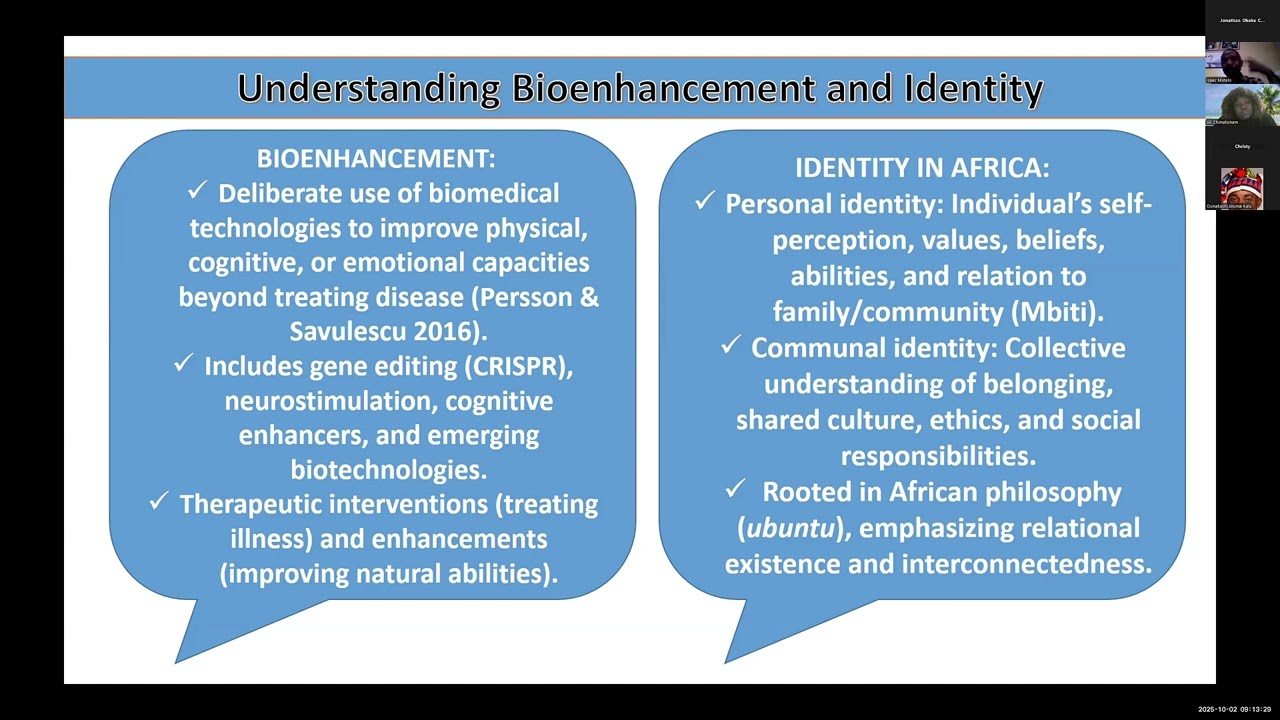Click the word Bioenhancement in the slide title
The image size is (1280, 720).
661,89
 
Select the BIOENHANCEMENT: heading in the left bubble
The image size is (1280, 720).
376,159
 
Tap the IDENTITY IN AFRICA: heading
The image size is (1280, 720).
922,168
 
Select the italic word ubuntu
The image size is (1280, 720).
788,528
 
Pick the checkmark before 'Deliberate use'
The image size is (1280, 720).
197,191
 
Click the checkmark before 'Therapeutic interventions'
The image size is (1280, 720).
158,502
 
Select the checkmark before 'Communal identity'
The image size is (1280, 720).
730,346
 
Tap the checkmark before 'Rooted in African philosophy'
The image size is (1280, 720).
736,490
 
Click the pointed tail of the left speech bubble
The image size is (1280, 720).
190,645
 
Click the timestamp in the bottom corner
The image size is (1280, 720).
1234,710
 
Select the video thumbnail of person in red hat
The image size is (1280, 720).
1241,187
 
